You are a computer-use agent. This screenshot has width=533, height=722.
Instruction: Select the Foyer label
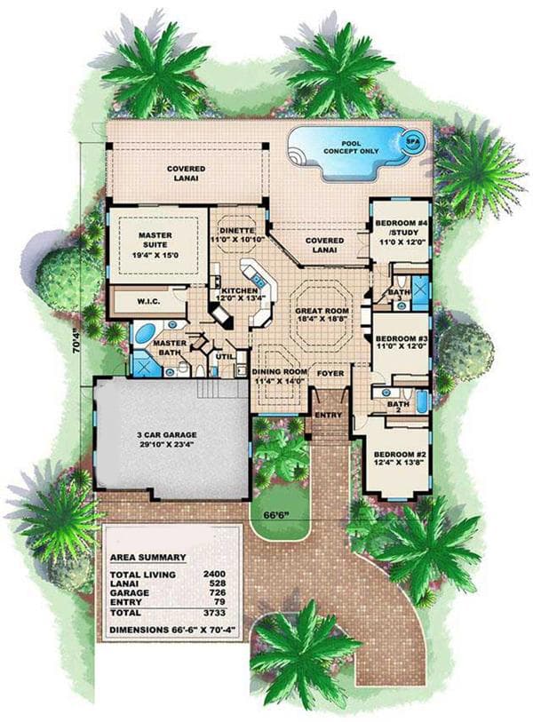(330, 374)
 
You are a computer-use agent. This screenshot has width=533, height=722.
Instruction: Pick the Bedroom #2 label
(397, 455)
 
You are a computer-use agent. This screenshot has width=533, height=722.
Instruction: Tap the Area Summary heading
(147, 557)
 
